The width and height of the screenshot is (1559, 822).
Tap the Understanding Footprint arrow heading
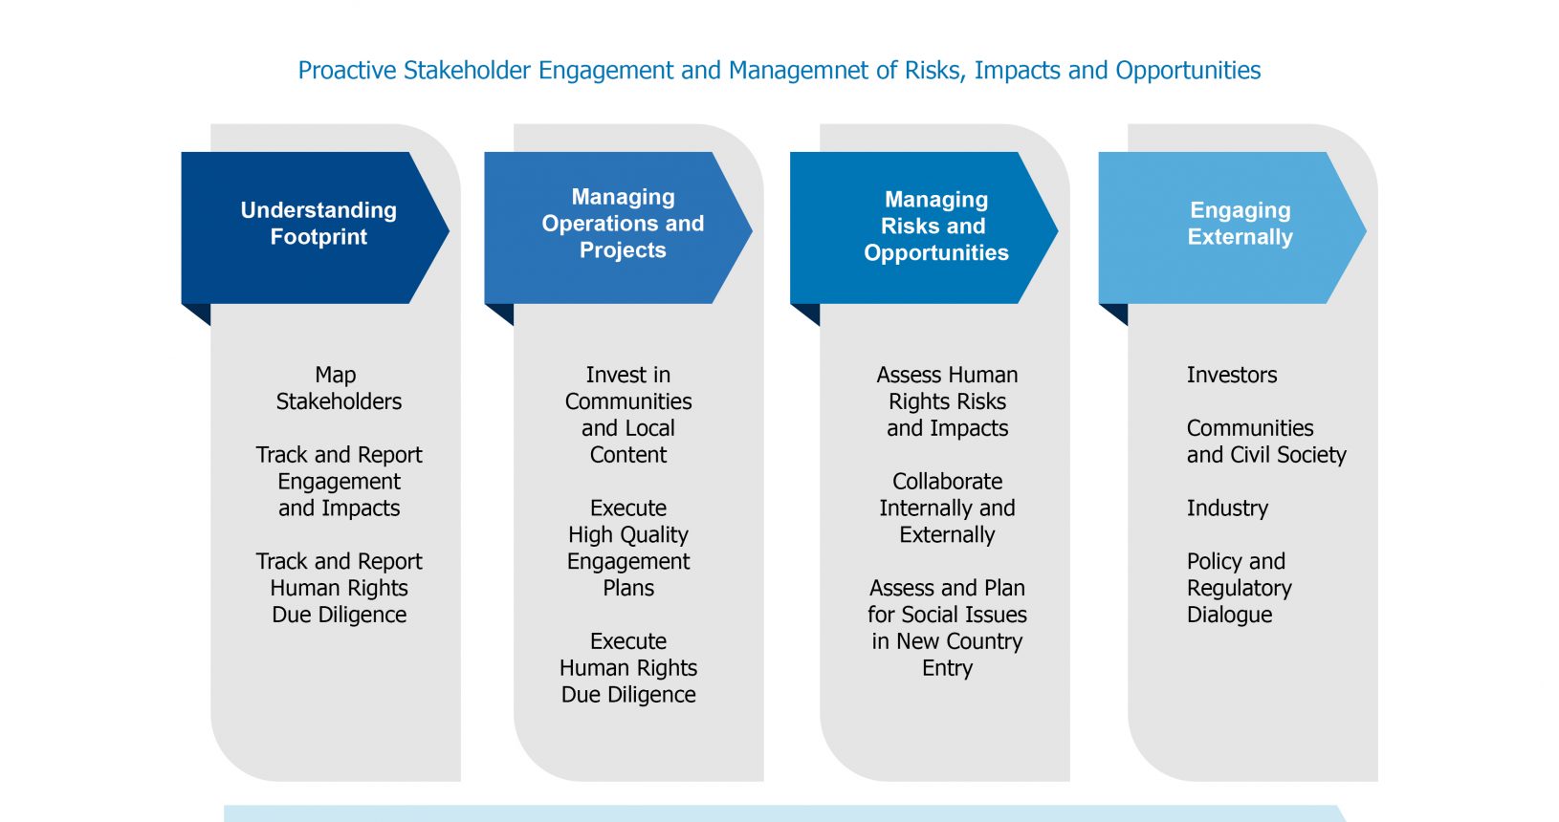click(318, 224)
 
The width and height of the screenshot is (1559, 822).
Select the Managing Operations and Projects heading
click(623, 224)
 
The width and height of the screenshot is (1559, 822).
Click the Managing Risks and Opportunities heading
click(936, 226)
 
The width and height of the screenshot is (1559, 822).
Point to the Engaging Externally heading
click(1241, 224)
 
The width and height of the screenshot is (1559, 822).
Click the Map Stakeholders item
click(339, 388)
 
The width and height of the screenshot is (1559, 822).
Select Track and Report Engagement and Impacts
click(339, 481)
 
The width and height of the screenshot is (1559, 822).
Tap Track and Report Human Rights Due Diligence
click(339, 588)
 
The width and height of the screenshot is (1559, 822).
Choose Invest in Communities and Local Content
click(628, 415)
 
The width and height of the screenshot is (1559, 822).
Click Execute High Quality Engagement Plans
click(628, 548)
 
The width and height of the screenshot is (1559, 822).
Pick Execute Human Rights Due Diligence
click(628, 667)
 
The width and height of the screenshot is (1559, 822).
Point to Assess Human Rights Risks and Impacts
click(947, 401)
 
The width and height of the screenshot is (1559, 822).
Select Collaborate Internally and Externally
click(947, 508)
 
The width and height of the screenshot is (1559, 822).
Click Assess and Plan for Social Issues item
click(947, 628)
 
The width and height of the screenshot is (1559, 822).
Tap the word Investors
click(1232, 375)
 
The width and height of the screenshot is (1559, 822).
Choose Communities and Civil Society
click(1266, 441)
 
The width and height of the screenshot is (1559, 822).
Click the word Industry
click(1228, 508)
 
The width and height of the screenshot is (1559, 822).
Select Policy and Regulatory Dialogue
click(1240, 588)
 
